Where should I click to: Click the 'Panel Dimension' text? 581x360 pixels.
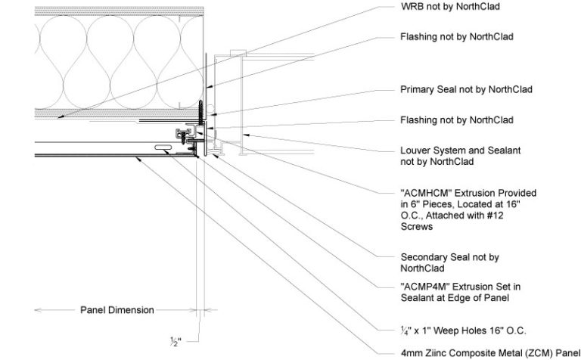coord(117,310)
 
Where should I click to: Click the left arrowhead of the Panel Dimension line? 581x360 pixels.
coord(39,309)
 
